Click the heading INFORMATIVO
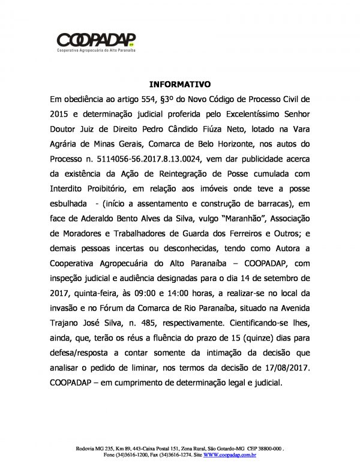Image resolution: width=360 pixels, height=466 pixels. coord(179,85)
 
